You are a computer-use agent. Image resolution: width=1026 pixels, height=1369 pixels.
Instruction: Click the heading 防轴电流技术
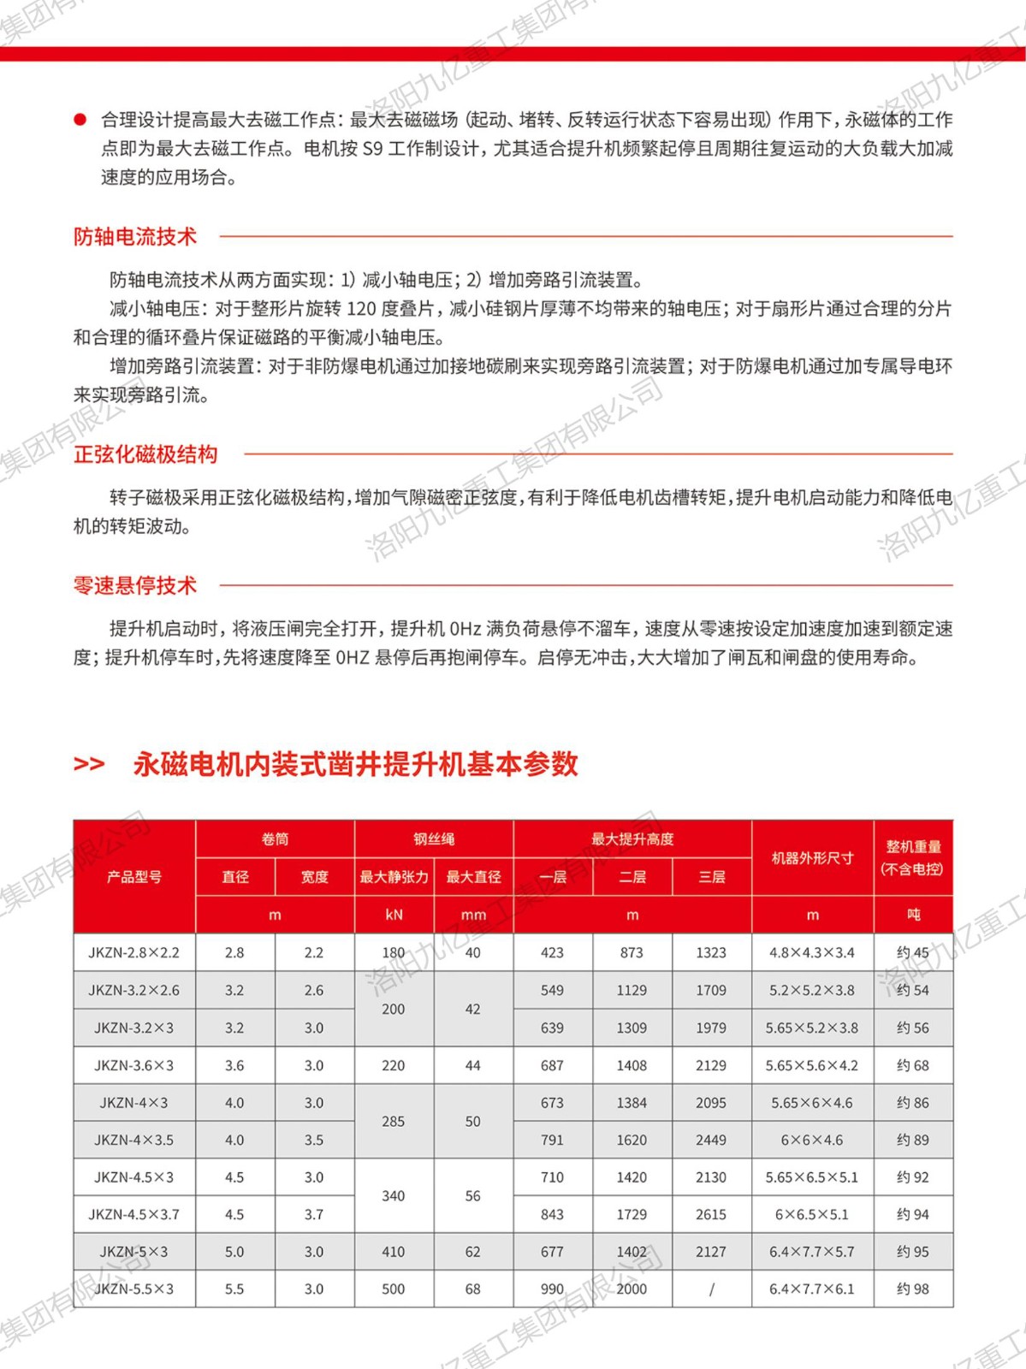[135, 237]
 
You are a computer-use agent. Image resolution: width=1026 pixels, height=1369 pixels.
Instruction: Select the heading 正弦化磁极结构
[145, 454]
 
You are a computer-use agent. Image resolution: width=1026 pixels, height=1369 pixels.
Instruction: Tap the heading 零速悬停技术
[135, 586]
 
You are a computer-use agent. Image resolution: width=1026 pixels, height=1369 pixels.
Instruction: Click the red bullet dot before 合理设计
[80, 120]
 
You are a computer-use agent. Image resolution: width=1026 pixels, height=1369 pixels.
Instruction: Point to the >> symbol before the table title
[89, 764]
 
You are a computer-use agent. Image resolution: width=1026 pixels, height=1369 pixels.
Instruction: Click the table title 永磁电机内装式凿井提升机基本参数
[355, 764]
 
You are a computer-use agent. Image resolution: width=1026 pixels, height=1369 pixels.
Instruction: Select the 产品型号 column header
[134, 877]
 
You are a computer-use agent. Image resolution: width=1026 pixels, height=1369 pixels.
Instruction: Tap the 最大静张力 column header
[394, 877]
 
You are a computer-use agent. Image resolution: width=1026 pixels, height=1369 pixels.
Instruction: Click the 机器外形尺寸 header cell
[812, 858]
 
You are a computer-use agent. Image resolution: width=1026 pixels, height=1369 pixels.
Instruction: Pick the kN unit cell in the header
[394, 915]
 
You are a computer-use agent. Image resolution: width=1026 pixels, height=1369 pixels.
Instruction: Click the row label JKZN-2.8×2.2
[134, 952]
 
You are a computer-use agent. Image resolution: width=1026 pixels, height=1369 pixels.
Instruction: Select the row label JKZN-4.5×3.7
[134, 1214]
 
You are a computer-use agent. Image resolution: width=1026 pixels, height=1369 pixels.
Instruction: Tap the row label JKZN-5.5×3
[134, 1289]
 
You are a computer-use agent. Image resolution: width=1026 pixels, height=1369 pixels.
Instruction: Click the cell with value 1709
[711, 990]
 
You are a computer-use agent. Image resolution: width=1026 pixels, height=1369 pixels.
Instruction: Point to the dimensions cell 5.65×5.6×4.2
[812, 1065]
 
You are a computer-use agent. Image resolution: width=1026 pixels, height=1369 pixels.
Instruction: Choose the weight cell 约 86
[913, 1103]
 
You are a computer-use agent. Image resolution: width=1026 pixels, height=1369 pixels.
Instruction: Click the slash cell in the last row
[711, 1289]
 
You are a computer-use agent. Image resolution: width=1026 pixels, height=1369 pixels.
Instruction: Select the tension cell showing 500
[394, 1289]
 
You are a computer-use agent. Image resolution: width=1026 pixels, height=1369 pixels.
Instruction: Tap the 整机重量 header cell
[913, 857]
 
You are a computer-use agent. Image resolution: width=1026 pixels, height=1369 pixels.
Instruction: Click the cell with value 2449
[711, 1140]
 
